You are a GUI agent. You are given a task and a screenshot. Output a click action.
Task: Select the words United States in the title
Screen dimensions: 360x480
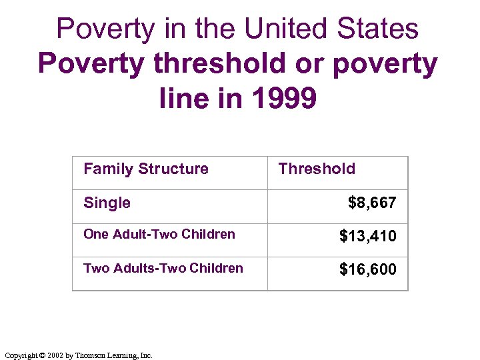(331, 29)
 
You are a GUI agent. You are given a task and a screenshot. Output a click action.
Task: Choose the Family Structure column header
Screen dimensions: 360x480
(145, 169)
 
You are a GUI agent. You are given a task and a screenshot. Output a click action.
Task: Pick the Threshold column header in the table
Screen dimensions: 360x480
(317, 169)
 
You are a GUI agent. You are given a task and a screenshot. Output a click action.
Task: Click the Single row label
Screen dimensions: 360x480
(107, 203)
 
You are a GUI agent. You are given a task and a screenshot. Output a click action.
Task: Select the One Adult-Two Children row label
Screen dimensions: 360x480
(159, 234)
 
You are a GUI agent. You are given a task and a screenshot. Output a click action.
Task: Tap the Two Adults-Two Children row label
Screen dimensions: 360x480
(163, 268)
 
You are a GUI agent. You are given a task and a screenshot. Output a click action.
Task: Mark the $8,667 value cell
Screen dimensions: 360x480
(372, 203)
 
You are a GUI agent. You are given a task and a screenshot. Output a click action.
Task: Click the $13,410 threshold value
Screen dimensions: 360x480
(367, 236)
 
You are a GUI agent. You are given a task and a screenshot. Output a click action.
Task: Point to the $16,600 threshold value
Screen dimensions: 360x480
(367, 269)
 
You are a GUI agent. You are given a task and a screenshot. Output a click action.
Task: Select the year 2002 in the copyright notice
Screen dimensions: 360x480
(55, 355)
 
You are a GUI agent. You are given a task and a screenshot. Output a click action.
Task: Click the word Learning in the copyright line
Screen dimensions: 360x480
(125, 355)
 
